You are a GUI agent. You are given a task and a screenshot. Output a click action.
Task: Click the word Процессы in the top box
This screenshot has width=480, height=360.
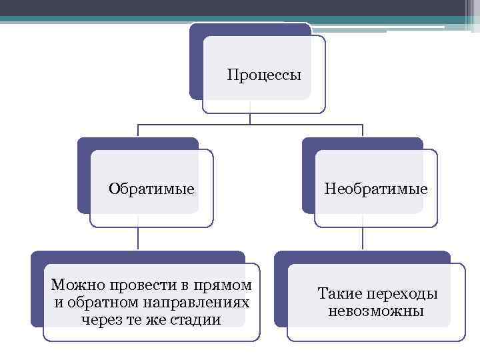click(x=264, y=74)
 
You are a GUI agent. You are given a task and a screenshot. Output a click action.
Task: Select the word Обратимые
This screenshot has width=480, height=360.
click(x=152, y=189)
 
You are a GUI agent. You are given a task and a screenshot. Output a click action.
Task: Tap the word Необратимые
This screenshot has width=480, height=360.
click(x=376, y=189)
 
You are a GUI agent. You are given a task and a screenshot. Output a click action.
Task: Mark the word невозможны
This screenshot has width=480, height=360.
click(x=376, y=311)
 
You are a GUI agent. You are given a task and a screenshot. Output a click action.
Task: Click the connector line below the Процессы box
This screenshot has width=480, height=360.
click(x=250, y=117)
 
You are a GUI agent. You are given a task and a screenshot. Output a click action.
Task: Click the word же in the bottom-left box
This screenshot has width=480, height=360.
click(x=154, y=319)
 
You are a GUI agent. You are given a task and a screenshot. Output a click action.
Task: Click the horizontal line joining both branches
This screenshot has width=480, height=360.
click(x=200, y=125)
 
